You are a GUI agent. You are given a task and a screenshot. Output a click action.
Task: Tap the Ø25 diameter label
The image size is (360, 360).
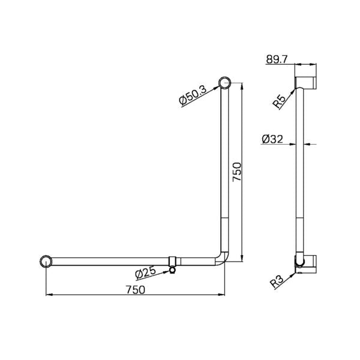[x=146, y=272]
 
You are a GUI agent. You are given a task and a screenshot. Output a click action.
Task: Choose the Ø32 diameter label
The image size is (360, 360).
[x=272, y=139]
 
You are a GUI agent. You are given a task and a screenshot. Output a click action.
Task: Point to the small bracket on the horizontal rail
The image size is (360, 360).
[x=173, y=262]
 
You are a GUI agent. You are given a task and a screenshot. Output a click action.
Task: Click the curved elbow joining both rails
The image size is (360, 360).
[x=223, y=258]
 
